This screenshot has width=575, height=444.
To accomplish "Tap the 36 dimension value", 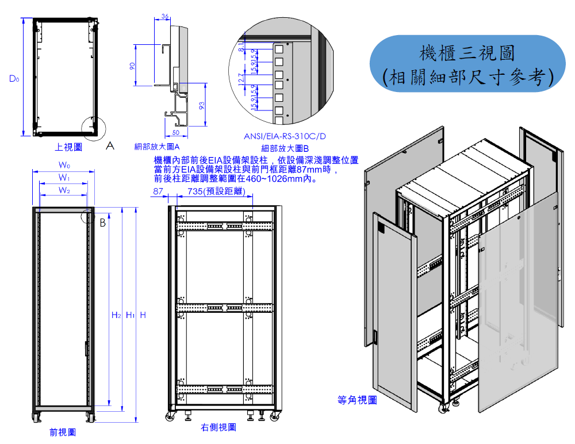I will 165,16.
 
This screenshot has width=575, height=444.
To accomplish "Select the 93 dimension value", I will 201,105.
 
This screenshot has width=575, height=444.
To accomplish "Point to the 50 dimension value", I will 175,133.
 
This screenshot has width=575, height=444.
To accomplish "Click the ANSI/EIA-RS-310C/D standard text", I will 285,136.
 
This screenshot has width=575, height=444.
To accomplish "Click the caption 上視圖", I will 68,147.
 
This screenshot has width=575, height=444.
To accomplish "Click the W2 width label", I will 64,190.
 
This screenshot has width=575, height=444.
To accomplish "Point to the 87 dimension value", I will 158,191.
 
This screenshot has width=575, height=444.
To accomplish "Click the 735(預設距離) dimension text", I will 216,191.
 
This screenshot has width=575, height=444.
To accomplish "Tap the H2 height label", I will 116,315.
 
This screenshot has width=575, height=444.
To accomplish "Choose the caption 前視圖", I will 62,432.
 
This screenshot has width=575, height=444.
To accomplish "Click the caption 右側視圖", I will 218,427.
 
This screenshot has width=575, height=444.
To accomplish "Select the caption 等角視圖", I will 357,400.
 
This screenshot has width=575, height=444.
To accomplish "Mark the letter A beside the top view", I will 110,146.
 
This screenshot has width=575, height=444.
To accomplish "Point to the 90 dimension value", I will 132,66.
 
